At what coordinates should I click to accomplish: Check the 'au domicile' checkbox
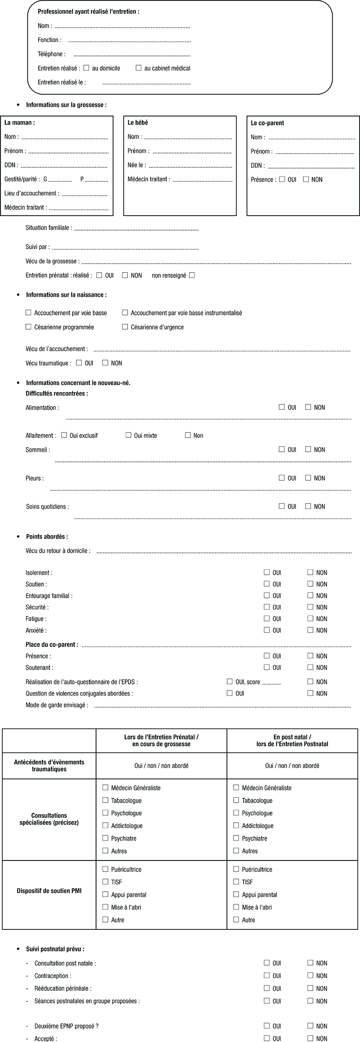86,68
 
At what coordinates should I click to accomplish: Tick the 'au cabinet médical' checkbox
138,68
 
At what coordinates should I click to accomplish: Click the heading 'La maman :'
19,123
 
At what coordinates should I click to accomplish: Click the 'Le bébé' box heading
138,123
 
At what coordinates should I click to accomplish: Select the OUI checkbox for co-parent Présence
282,179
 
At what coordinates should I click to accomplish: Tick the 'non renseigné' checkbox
192,275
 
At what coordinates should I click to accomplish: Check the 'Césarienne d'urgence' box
125,327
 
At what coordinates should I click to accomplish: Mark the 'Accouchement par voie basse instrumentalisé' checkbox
125,313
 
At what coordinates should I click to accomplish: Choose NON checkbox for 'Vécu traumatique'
105,363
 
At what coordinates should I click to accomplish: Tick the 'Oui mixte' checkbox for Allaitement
128,435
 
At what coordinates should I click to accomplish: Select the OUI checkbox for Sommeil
281,449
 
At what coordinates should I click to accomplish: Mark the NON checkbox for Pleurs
308,478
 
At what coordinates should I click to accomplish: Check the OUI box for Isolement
267,572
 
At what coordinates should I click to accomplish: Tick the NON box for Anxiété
310,630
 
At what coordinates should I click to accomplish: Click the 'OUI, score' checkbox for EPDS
230,682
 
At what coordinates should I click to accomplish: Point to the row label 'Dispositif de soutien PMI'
49,891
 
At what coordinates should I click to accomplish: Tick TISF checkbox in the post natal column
236,882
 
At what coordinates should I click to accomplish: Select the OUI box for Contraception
267,976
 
